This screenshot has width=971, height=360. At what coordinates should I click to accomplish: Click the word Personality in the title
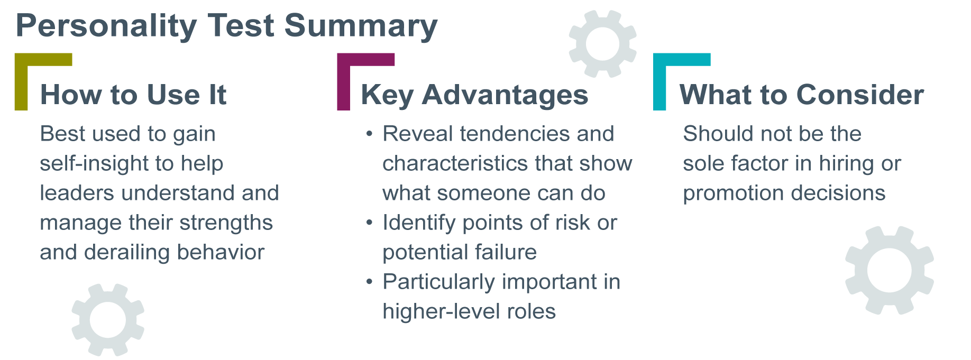click(x=106, y=26)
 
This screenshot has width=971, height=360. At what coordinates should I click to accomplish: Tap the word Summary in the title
click(x=361, y=26)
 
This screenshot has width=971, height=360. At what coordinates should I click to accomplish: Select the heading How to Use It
click(x=133, y=95)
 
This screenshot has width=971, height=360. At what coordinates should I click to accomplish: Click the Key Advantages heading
click(x=474, y=95)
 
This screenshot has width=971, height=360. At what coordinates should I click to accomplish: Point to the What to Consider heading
click(x=801, y=95)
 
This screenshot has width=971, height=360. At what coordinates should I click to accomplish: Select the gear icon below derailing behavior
click(x=108, y=319)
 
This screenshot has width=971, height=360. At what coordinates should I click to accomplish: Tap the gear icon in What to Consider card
click(x=889, y=270)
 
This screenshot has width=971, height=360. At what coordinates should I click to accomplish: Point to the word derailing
click(x=127, y=252)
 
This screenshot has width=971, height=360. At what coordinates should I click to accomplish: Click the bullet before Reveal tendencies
click(x=370, y=134)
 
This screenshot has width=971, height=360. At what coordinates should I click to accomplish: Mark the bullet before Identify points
click(x=370, y=223)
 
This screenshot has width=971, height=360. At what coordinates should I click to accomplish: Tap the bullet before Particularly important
click(x=370, y=282)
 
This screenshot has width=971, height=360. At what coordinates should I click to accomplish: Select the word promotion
click(x=733, y=193)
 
